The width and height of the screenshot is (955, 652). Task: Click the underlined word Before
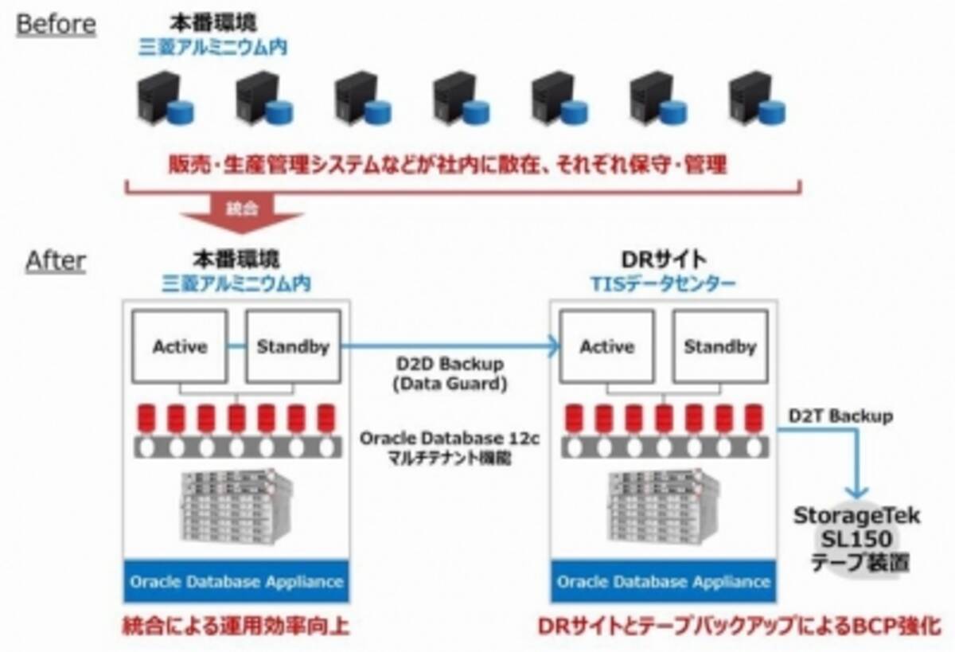click(x=56, y=24)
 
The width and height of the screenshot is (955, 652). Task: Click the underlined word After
click(x=56, y=260)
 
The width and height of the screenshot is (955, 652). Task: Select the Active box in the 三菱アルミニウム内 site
click(x=180, y=346)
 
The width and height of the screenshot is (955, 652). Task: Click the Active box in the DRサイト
click(x=607, y=346)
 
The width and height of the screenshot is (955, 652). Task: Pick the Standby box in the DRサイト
click(x=719, y=346)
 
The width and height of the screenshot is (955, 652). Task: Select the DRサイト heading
click(x=663, y=260)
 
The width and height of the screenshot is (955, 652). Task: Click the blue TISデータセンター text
click(x=663, y=283)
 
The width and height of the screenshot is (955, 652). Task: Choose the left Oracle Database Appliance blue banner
click(x=236, y=581)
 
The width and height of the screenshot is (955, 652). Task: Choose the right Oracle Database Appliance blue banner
click(x=664, y=581)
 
